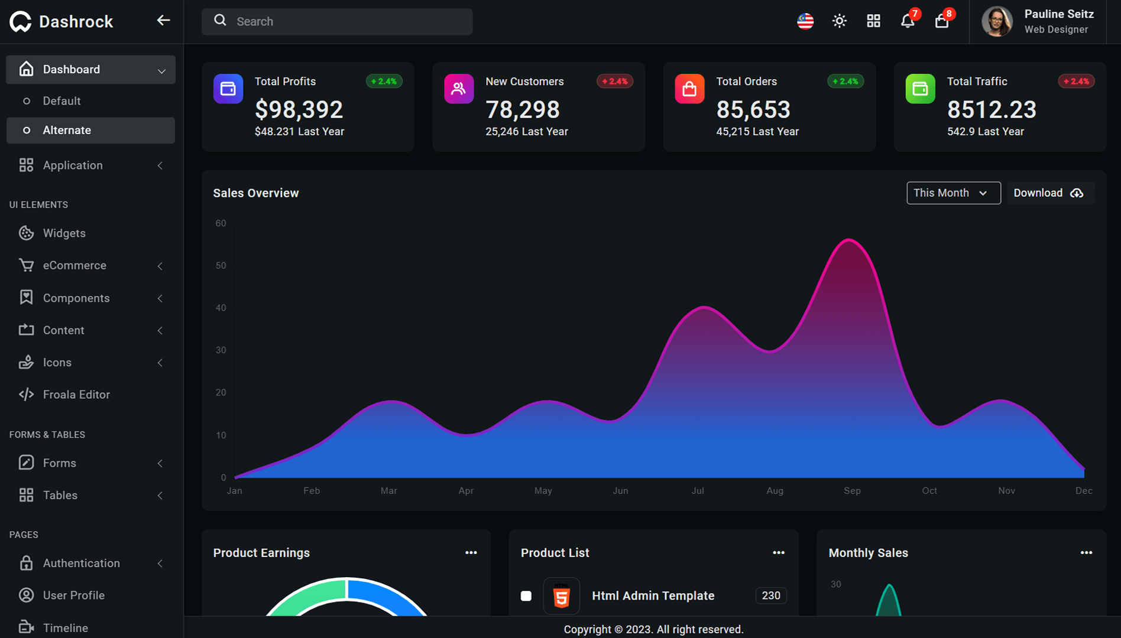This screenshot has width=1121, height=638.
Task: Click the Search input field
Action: [x=337, y=21]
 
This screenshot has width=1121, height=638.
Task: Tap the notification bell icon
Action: [x=907, y=21]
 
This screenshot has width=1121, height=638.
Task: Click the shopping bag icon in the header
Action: [x=941, y=21]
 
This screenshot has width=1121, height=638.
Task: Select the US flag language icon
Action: [x=805, y=21]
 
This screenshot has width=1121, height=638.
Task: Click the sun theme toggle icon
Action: [x=840, y=21]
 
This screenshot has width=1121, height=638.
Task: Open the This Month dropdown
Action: [x=954, y=193]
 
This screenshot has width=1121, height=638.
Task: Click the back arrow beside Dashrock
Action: [x=163, y=21]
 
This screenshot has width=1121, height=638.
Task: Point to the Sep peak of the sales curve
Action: [x=850, y=239]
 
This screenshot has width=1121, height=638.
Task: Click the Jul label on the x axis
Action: [x=698, y=491]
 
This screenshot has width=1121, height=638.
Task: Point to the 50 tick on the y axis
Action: [x=221, y=266]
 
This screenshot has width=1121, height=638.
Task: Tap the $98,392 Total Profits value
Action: [x=299, y=110]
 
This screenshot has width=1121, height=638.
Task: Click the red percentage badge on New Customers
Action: [x=615, y=82]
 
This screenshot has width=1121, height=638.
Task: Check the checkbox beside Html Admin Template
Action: [x=526, y=596]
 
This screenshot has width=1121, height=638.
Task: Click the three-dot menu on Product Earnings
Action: [x=471, y=553]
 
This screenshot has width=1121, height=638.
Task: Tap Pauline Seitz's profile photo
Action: [x=997, y=21]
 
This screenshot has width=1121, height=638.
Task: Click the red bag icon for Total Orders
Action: [x=689, y=89]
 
